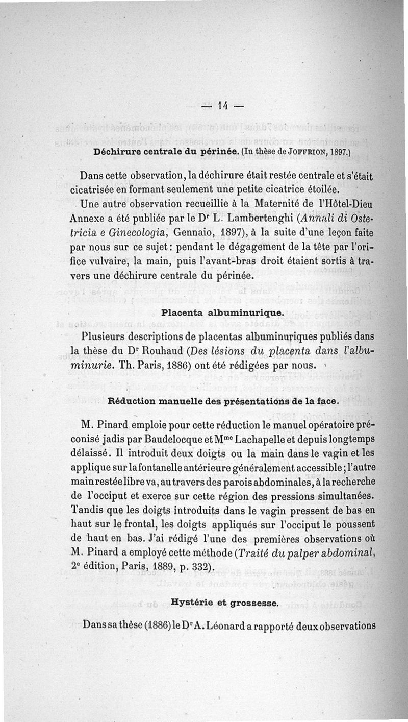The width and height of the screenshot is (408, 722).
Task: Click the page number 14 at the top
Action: click(x=222, y=106)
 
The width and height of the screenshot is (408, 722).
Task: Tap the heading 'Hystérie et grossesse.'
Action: click(x=225, y=603)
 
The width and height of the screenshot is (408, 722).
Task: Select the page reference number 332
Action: click(x=196, y=568)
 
